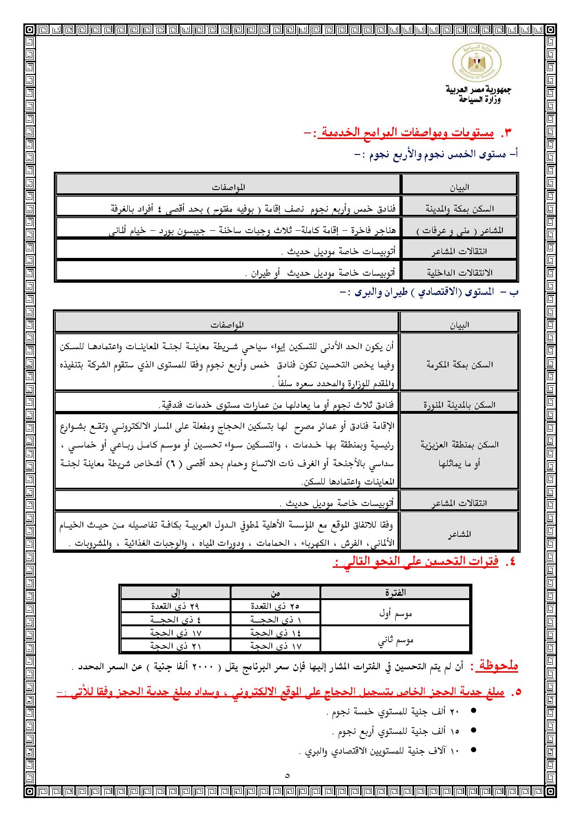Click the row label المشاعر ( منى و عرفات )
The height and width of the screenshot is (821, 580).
459,231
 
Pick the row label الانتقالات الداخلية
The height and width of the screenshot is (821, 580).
459,272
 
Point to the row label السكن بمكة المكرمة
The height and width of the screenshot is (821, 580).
459,364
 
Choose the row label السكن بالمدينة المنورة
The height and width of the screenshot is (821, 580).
459,405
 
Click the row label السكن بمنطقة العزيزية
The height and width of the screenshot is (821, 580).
459,445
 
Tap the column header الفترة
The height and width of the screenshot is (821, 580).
395,592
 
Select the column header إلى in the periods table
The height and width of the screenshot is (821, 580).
175,593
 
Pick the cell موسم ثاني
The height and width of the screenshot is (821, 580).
396,640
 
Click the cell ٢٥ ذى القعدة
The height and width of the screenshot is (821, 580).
275,606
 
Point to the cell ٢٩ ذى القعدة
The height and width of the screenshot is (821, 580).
175,606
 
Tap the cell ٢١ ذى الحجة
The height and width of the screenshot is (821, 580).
175,646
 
